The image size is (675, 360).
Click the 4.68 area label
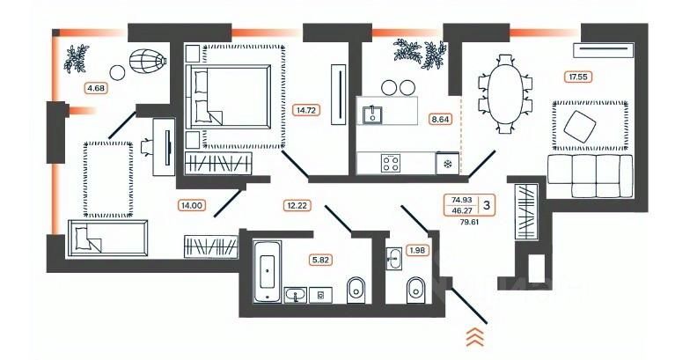(x=94, y=87)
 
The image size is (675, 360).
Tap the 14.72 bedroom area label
(x=304, y=111)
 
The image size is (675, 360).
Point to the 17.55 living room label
(x=577, y=77)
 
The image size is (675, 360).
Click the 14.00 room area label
(x=191, y=205)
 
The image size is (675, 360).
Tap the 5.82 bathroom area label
(x=319, y=260)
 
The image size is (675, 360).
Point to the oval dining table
(x=504, y=92)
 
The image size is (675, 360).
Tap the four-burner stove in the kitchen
(x=391, y=163)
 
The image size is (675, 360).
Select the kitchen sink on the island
(x=372, y=114)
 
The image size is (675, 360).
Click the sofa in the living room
(x=590, y=175)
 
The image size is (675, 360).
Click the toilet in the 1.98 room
(x=415, y=290)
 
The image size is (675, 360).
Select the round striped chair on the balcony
(x=146, y=62)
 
